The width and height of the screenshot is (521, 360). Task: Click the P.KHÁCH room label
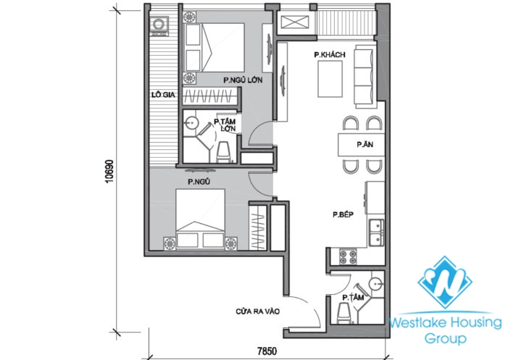(328, 54)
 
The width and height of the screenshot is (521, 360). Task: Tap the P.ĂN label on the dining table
(364, 145)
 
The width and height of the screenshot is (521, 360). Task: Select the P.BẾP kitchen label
(342, 214)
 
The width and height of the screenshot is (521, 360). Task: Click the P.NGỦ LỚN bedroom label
(242, 80)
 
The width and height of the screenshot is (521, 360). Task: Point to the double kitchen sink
(375, 233)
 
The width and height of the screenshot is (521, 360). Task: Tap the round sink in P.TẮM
(375, 283)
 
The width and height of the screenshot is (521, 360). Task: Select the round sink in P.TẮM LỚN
(193, 123)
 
